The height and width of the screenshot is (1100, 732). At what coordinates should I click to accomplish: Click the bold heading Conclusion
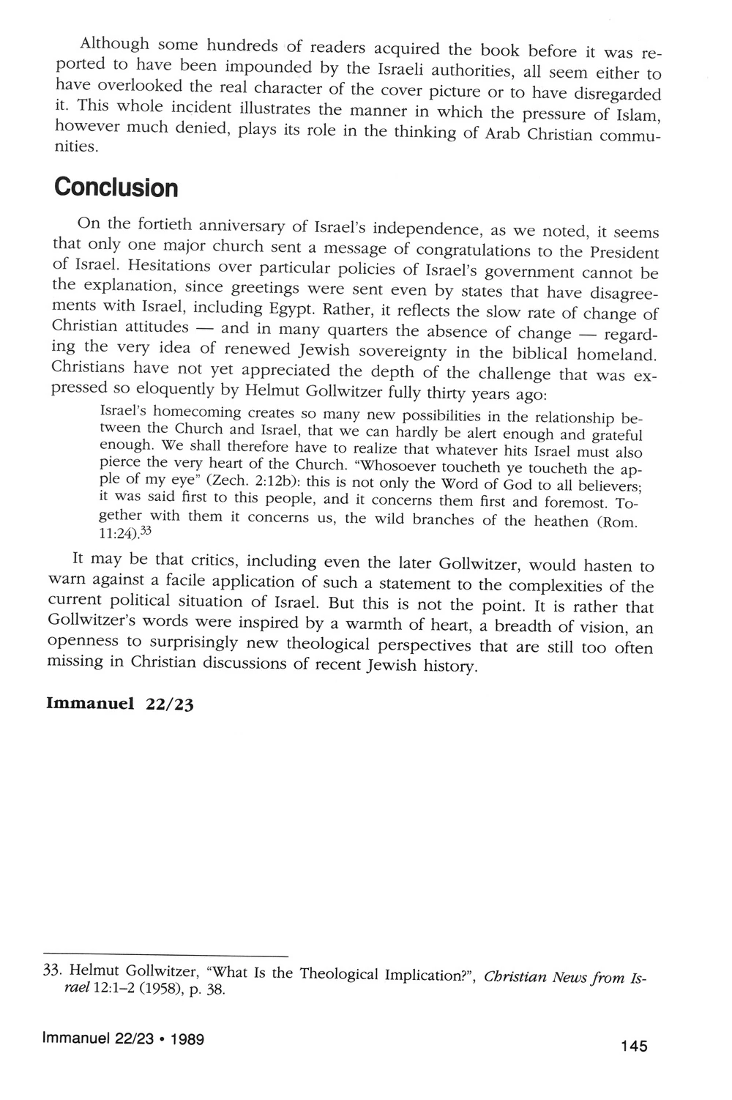pyautogui.click(x=116, y=187)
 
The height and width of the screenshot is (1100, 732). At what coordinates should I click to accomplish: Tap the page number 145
pyautogui.click(x=633, y=1046)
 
